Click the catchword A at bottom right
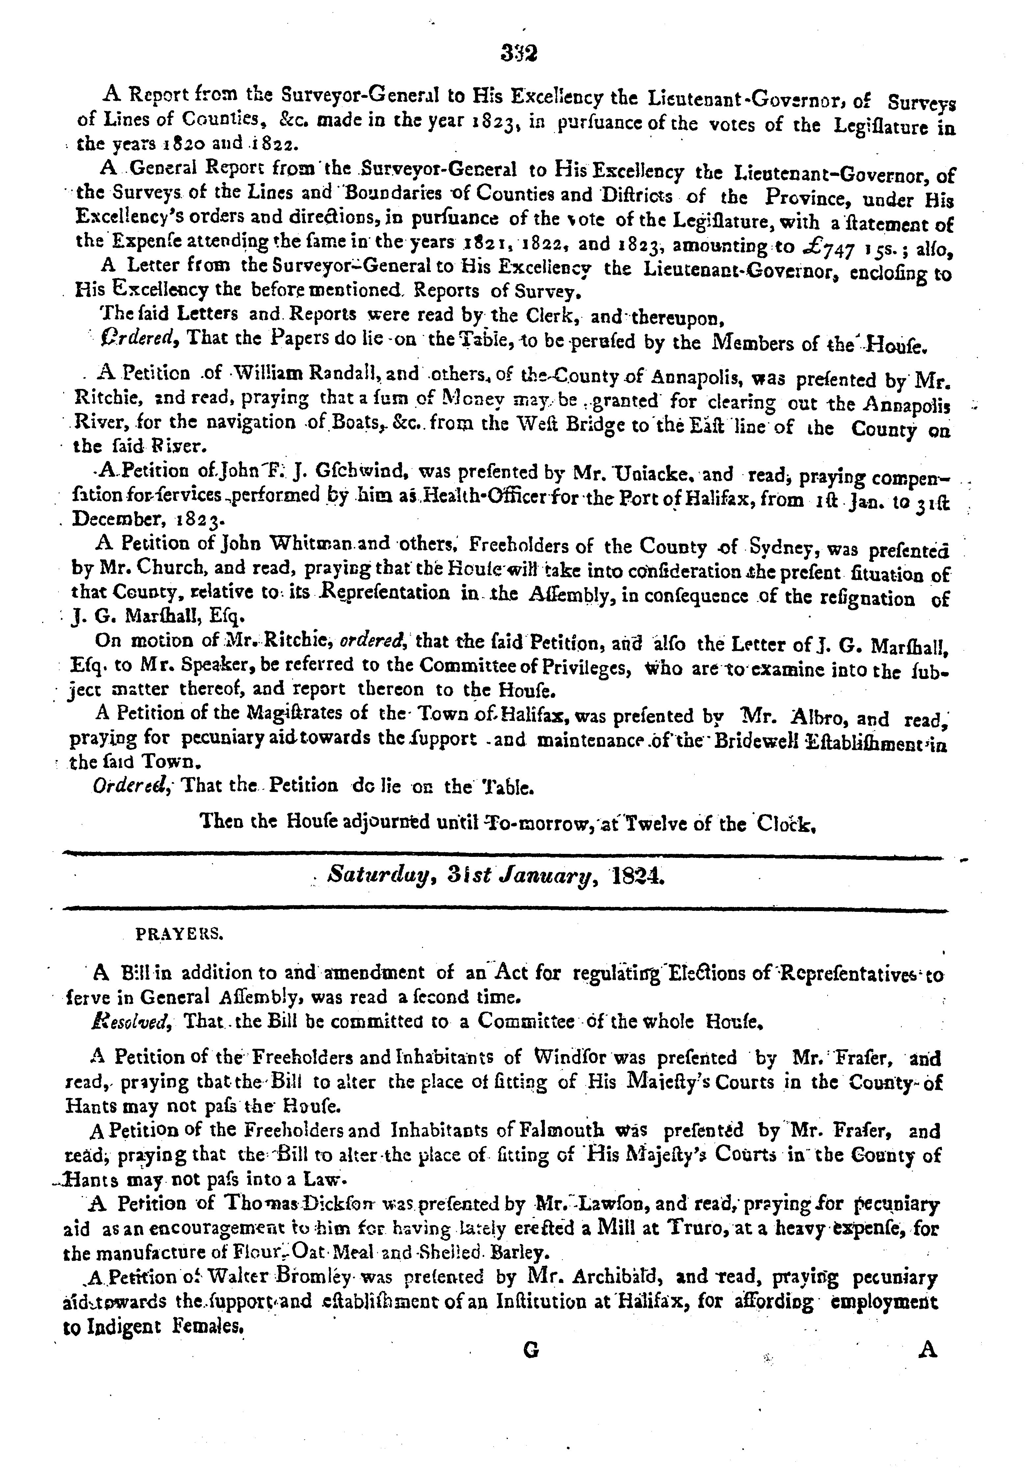[x=927, y=1350]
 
